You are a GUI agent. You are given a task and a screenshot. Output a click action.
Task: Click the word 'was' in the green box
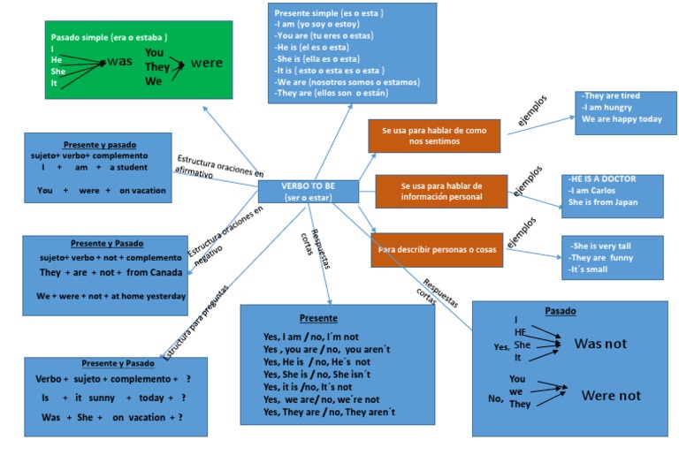click(119, 62)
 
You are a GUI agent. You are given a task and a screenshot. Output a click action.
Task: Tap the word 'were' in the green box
click(206, 64)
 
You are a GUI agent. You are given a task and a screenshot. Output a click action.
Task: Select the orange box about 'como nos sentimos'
click(433, 135)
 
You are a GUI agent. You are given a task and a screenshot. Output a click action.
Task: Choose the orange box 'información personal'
click(441, 191)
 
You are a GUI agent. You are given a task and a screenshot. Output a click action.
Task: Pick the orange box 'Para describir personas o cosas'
click(437, 250)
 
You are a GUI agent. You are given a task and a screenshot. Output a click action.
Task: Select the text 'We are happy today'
click(621, 119)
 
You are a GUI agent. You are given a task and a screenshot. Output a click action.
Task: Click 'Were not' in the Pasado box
click(610, 396)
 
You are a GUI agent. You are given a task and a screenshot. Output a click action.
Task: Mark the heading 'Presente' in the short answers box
click(317, 318)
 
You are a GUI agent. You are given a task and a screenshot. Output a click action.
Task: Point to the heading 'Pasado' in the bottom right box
click(561, 311)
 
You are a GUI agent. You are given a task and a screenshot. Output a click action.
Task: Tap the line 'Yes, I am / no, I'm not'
click(310, 336)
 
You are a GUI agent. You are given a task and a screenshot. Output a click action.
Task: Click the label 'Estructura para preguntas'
click(195, 322)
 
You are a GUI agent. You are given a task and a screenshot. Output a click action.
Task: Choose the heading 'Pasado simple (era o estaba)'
click(109, 37)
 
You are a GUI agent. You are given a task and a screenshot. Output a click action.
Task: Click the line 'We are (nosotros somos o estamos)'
click(347, 81)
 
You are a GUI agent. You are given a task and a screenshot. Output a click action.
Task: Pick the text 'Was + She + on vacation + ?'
click(112, 417)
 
